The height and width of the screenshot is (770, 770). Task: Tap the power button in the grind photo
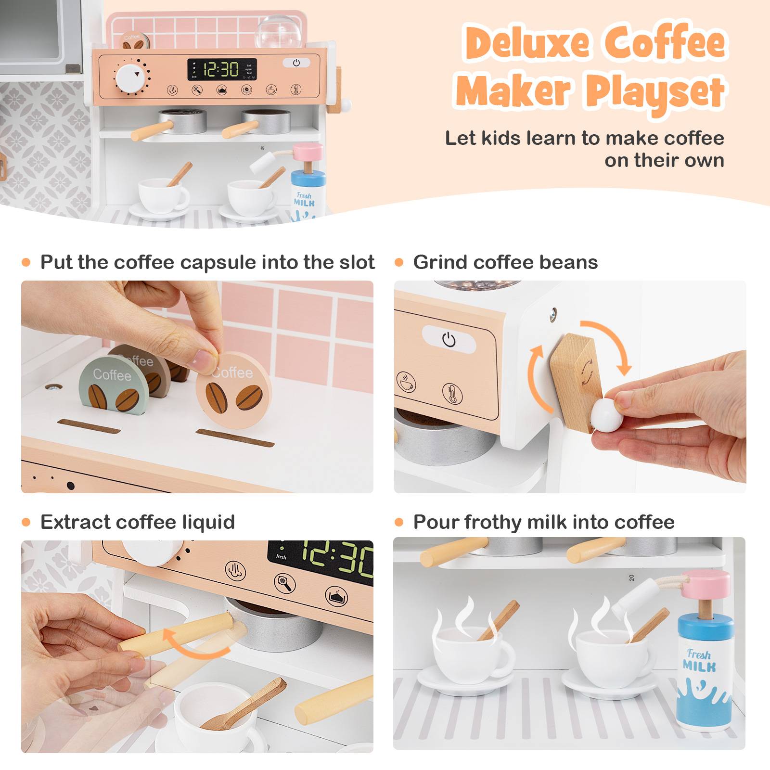449,340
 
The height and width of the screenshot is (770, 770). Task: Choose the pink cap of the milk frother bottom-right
707,584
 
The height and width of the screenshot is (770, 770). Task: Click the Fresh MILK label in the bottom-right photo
699,661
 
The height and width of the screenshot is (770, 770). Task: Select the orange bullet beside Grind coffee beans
399,263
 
